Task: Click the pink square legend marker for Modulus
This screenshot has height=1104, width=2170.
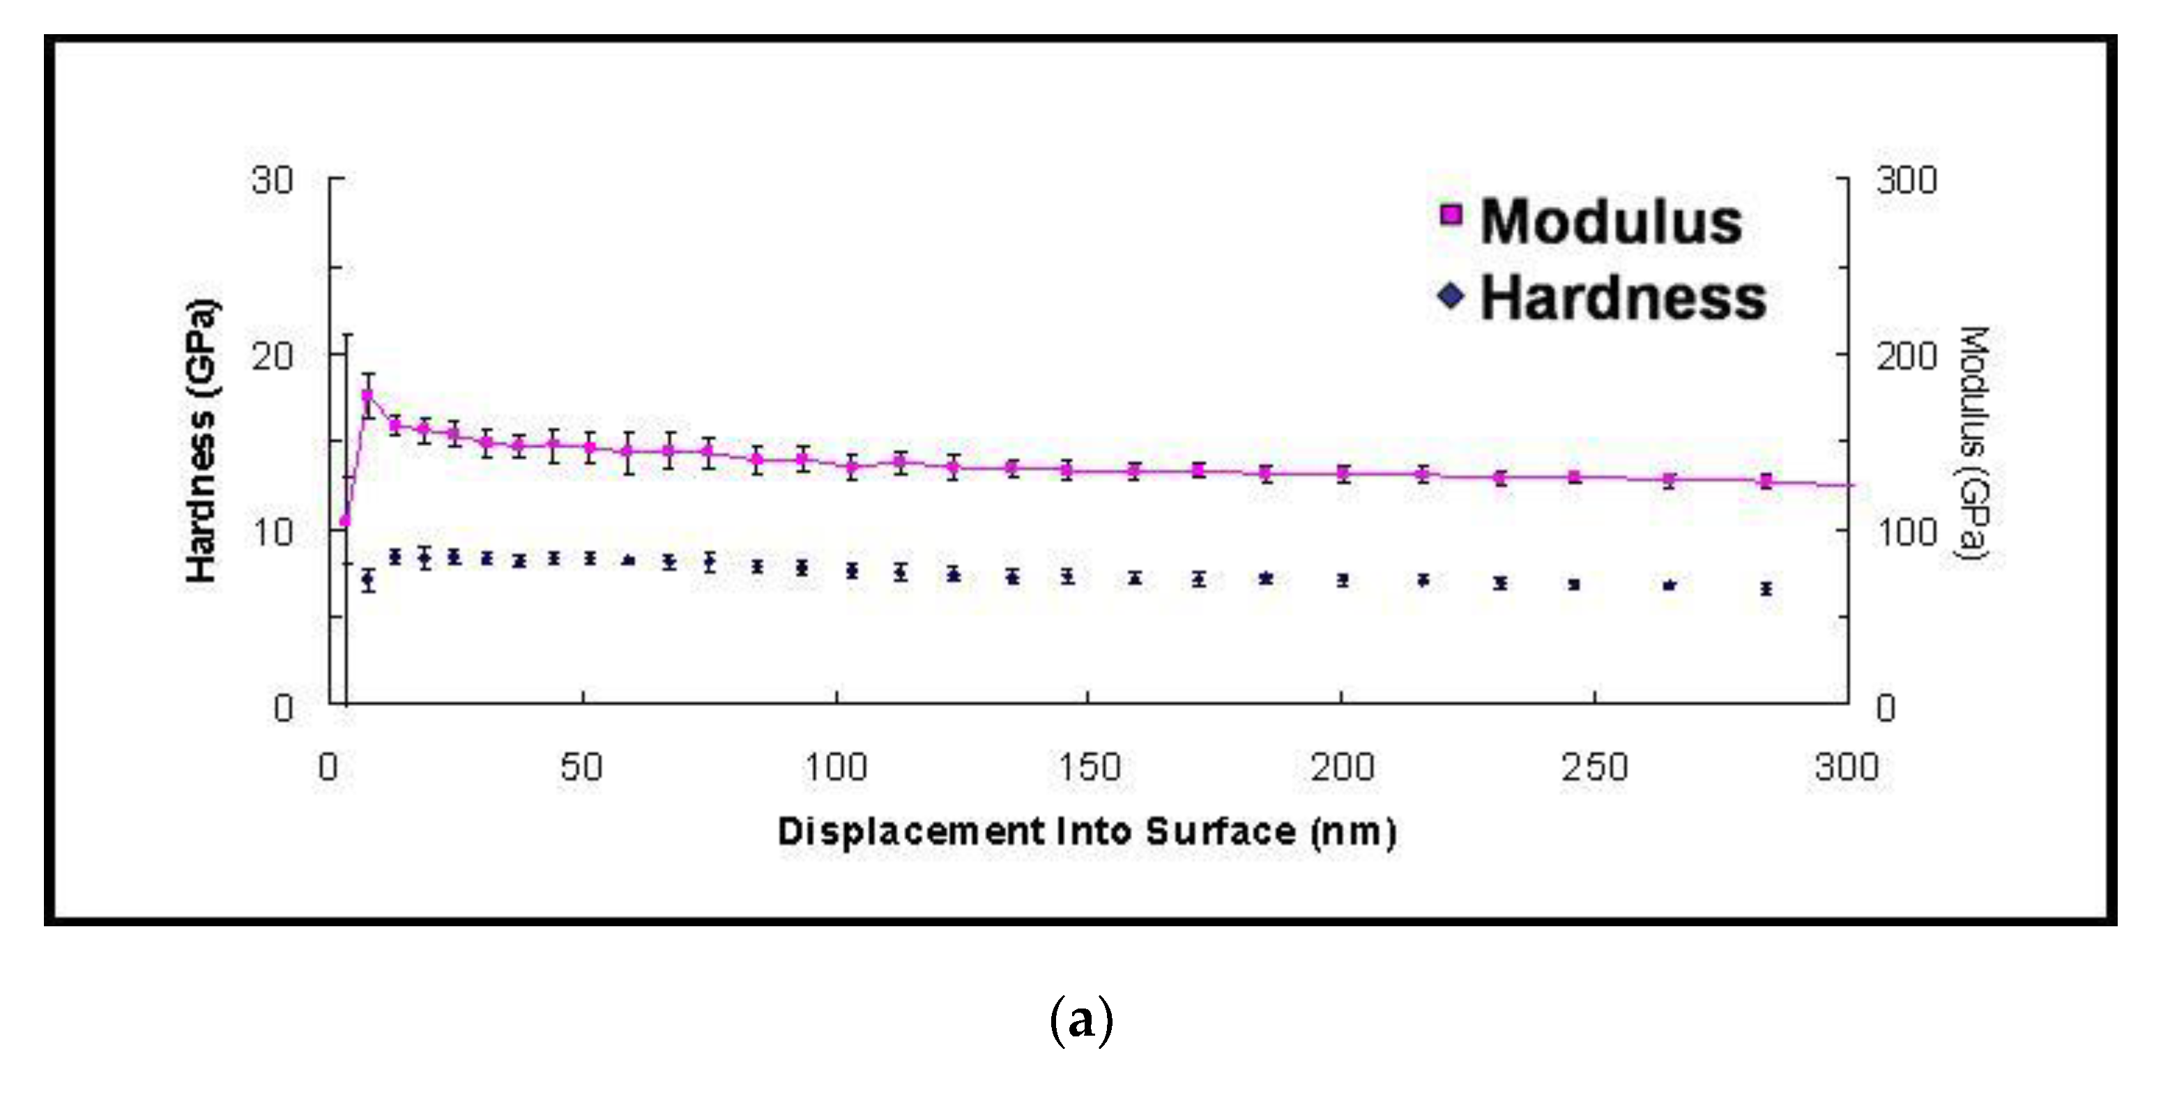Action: coord(1451,214)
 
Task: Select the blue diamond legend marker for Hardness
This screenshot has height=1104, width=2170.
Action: coord(1451,296)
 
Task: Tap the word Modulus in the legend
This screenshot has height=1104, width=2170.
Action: coord(1611,222)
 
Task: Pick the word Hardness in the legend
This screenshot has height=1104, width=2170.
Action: coord(1622,298)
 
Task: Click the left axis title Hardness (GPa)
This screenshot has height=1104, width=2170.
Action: coord(202,440)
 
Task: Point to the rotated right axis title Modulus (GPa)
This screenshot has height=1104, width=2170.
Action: coord(1973,443)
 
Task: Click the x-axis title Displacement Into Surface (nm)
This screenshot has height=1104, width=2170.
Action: coord(1087,832)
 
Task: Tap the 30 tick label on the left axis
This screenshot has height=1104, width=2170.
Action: coord(272,181)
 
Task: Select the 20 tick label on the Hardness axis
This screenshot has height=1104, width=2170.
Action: coord(272,356)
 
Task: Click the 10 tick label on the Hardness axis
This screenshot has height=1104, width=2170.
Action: coord(272,532)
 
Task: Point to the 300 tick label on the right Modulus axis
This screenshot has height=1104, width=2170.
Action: coord(1907,181)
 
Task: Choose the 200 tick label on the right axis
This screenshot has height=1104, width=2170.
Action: coord(1907,356)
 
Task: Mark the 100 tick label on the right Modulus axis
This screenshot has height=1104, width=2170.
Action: coord(1907,532)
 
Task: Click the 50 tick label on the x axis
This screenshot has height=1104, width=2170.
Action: coord(582,767)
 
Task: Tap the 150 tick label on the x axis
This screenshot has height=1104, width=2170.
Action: coord(1088,767)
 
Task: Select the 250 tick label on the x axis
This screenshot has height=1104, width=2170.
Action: coord(1595,767)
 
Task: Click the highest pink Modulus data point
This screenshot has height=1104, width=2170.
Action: coord(367,395)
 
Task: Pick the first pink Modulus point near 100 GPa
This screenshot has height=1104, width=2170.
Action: coord(344,521)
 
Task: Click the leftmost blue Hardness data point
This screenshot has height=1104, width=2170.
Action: coord(367,579)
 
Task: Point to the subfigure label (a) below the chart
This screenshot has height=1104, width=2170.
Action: coord(1082,1020)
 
